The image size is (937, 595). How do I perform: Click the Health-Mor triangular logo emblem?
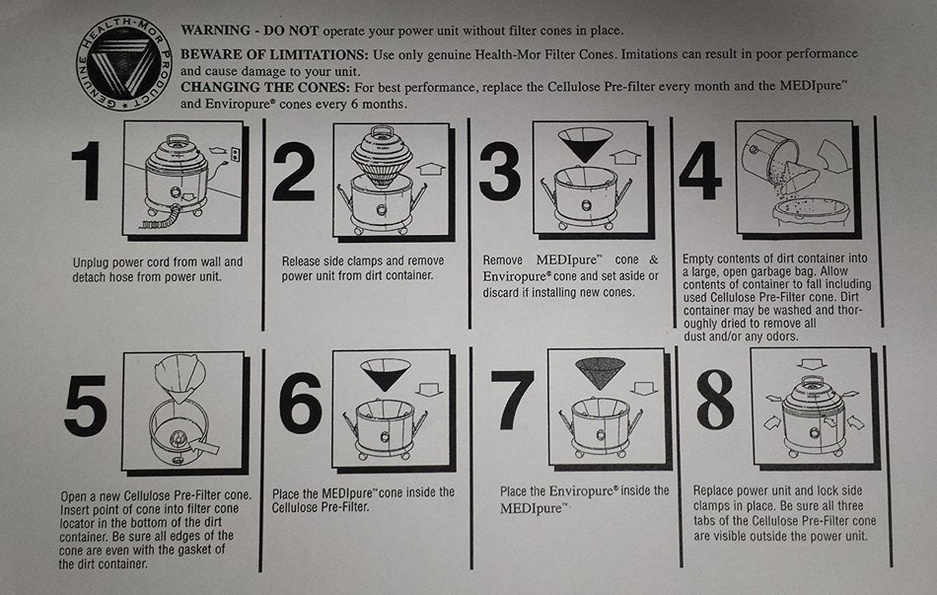tap(124, 63)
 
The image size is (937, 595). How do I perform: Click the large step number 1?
tap(87, 171)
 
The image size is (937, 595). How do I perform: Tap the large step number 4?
tap(699, 171)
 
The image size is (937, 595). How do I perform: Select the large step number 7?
tap(512, 400)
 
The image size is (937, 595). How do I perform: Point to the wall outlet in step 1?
tap(236, 154)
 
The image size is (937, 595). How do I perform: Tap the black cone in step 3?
tap(585, 144)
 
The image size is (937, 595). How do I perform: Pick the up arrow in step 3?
tap(625, 157)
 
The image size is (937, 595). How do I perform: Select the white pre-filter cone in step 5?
tap(180, 377)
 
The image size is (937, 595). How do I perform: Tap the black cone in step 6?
tap(386, 373)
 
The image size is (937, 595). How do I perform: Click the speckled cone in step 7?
tap(600, 373)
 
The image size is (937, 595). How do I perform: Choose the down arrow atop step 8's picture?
tap(811, 364)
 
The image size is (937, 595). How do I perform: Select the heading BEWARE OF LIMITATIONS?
tap(274, 55)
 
